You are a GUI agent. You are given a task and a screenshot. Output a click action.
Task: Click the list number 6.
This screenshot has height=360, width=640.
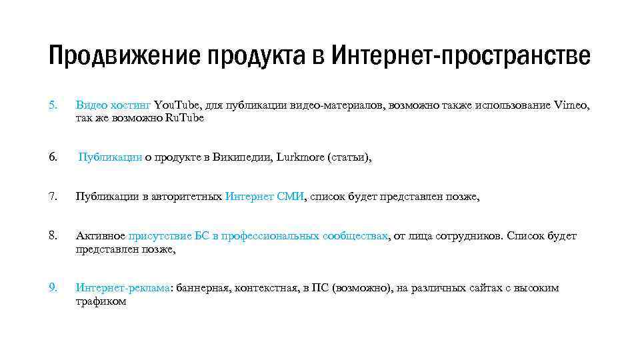pyautogui.click(x=53, y=157)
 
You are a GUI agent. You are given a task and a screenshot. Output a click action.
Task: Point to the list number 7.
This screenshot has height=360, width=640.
pyautogui.click(x=53, y=197)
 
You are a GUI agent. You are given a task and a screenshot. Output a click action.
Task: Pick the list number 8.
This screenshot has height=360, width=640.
pyautogui.click(x=53, y=236)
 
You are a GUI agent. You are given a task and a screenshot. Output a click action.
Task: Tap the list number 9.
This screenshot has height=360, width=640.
pyautogui.click(x=53, y=288)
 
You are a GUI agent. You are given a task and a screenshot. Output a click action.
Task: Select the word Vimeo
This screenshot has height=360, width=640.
pyautogui.click(x=571, y=105)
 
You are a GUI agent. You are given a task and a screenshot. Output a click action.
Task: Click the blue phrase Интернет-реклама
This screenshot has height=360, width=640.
pyautogui.click(x=123, y=288)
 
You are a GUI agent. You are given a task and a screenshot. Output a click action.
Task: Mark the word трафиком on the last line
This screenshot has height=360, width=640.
pyautogui.click(x=101, y=301)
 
